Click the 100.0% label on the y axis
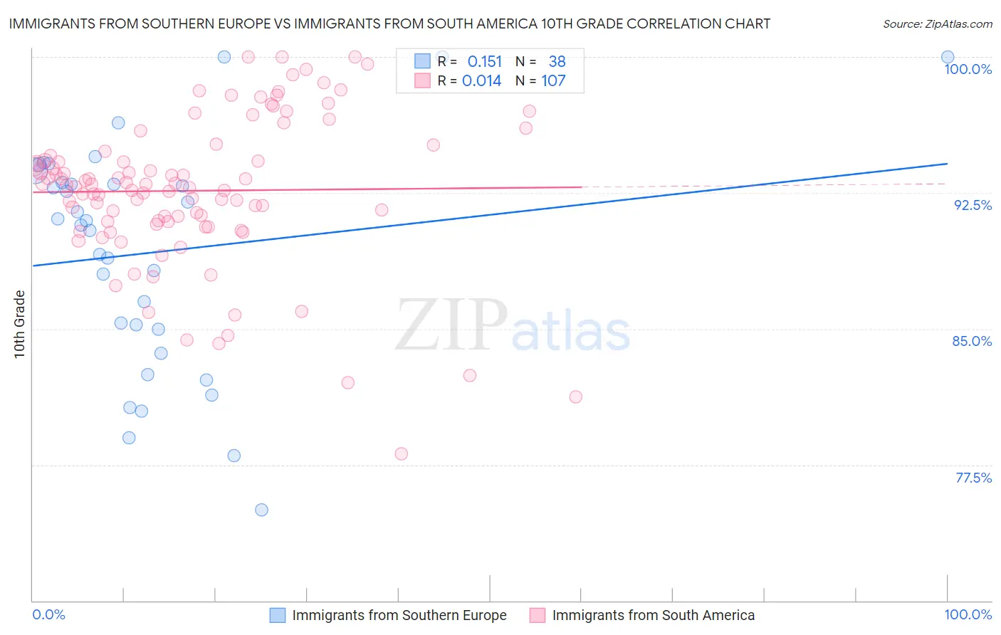click(x=968, y=69)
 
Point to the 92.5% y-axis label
click(x=973, y=205)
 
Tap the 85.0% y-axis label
click(x=972, y=341)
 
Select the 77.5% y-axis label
click(x=973, y=478)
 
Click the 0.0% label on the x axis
click(x=49, y=614)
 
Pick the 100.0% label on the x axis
click(x=968, y=614)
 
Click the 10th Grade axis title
click(x=19, y=324)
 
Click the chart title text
click(x=389, y=23)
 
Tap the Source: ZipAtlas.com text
click(x=937, y=23)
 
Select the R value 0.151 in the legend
click(x=484, y=62)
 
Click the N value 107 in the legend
click(x=553, y=81)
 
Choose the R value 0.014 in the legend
click(x=481, y=81)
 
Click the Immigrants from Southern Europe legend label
click(x=399, y=615)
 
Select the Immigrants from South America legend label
click(x=653, y=615)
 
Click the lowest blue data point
click(x=261, y=510)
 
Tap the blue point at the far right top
click(x=948, y=57)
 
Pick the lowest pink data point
click(x=401, y=453)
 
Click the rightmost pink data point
click(x=576, y=397)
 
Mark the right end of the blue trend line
click(x=948, y=164)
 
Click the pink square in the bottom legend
click(x=538, y=615)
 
